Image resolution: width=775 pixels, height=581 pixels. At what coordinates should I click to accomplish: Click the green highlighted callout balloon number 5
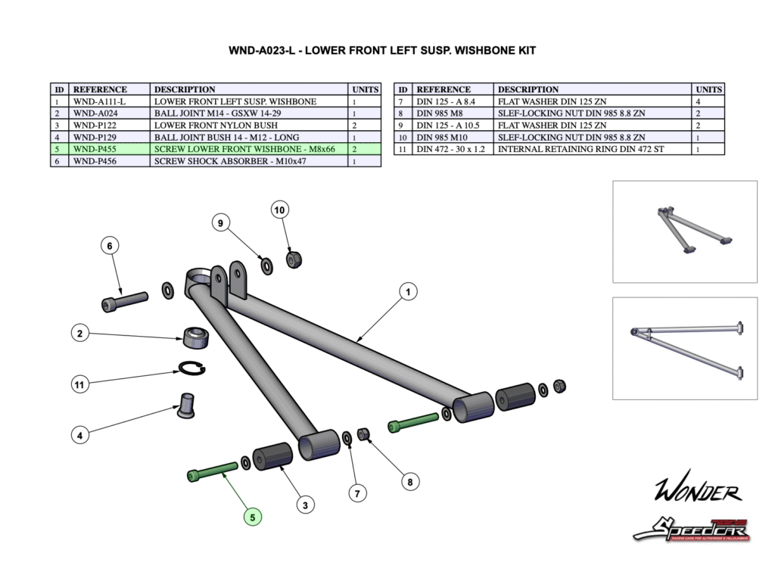pos(253,517)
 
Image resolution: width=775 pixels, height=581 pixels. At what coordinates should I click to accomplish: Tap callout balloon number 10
pos(280,210)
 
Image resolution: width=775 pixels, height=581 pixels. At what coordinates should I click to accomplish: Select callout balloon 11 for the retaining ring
pos(79,384)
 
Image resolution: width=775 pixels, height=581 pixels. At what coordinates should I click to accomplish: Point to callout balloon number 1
pos(407,291)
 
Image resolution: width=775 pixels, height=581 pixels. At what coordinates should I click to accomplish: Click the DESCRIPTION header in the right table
pos(528,89)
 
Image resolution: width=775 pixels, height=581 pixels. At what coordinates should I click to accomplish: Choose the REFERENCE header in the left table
pos(100,89)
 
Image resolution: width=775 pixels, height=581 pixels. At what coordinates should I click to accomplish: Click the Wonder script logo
pos(697,492)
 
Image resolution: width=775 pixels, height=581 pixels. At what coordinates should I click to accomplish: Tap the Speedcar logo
pos(690,529)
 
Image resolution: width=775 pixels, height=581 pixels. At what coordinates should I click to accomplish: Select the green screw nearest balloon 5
pos(212,471)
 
